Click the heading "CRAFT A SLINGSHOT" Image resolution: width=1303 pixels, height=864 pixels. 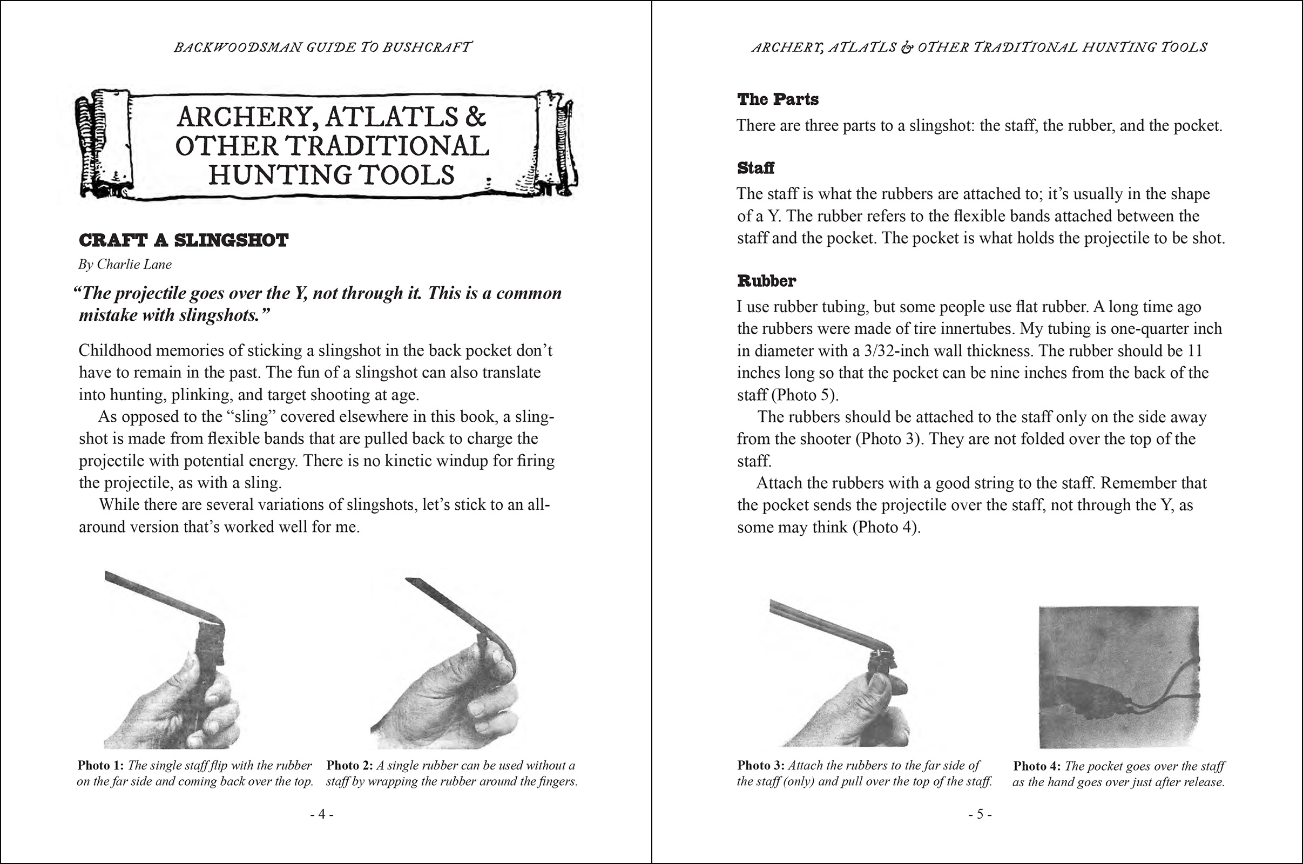[x=184, y=241]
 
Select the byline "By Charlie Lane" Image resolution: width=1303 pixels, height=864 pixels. [x=125, y=265]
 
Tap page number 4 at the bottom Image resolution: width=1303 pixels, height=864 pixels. [x=322, y=814]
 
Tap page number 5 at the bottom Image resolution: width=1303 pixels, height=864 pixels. [x=980, y=814]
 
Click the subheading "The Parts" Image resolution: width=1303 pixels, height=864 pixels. [x=778, y=100]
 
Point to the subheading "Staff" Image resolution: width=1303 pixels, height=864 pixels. [x=755, y=168]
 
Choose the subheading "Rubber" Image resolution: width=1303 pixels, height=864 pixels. [x=766, y=281]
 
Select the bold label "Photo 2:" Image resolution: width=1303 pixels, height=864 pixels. [x=349, y=765]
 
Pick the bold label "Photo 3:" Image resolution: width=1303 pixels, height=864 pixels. [x=760, y=765]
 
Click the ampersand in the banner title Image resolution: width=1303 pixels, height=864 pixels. [x=476, y=117]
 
